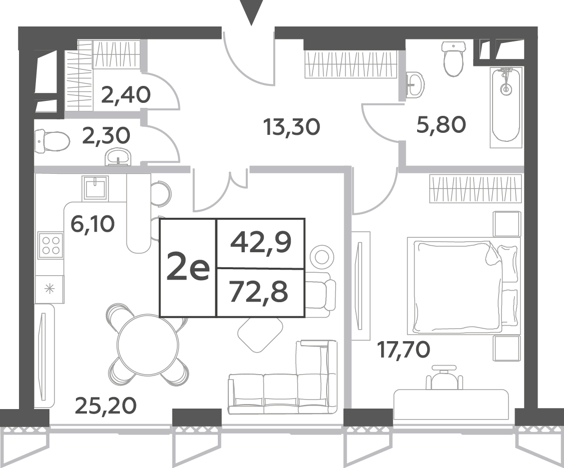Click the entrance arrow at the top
[251, 12]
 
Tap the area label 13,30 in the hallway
[291, 127]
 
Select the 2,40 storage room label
[125, 95]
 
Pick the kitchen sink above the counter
[95, 188]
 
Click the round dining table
[147, 344]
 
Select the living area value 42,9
[261, 243]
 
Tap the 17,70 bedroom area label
[403, 350]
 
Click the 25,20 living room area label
[106, 406]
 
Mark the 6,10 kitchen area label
[93, 225]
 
